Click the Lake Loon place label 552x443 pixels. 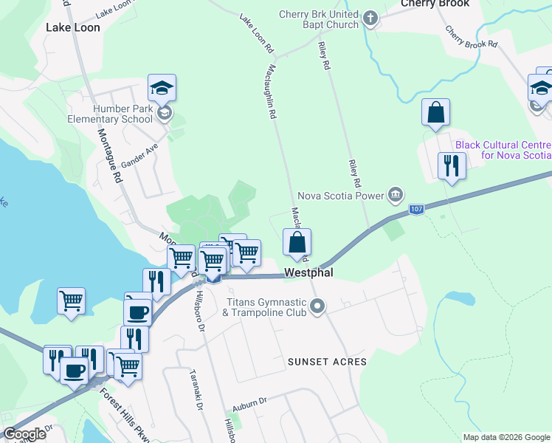[x=72, y=27]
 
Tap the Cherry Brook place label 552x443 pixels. [x=435, y=4]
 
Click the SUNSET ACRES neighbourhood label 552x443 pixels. [x=328, y=362]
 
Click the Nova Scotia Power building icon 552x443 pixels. [x=396, y=196]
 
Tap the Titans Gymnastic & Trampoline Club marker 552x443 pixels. [x=318, y=305]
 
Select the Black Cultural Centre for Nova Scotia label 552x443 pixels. [x=503, y=150]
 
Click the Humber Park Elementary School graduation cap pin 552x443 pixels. [x=162, y=89]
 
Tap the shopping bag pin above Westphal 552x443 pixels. [x=297, y=242]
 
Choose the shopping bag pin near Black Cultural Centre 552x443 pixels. [x=436, y=114]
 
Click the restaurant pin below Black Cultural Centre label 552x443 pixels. [x=451, y=166]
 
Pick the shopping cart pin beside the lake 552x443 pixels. [x=71, y=301]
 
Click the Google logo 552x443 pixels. [x=24, y=434]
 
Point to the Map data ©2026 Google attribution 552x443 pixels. [x=506, y=437]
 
